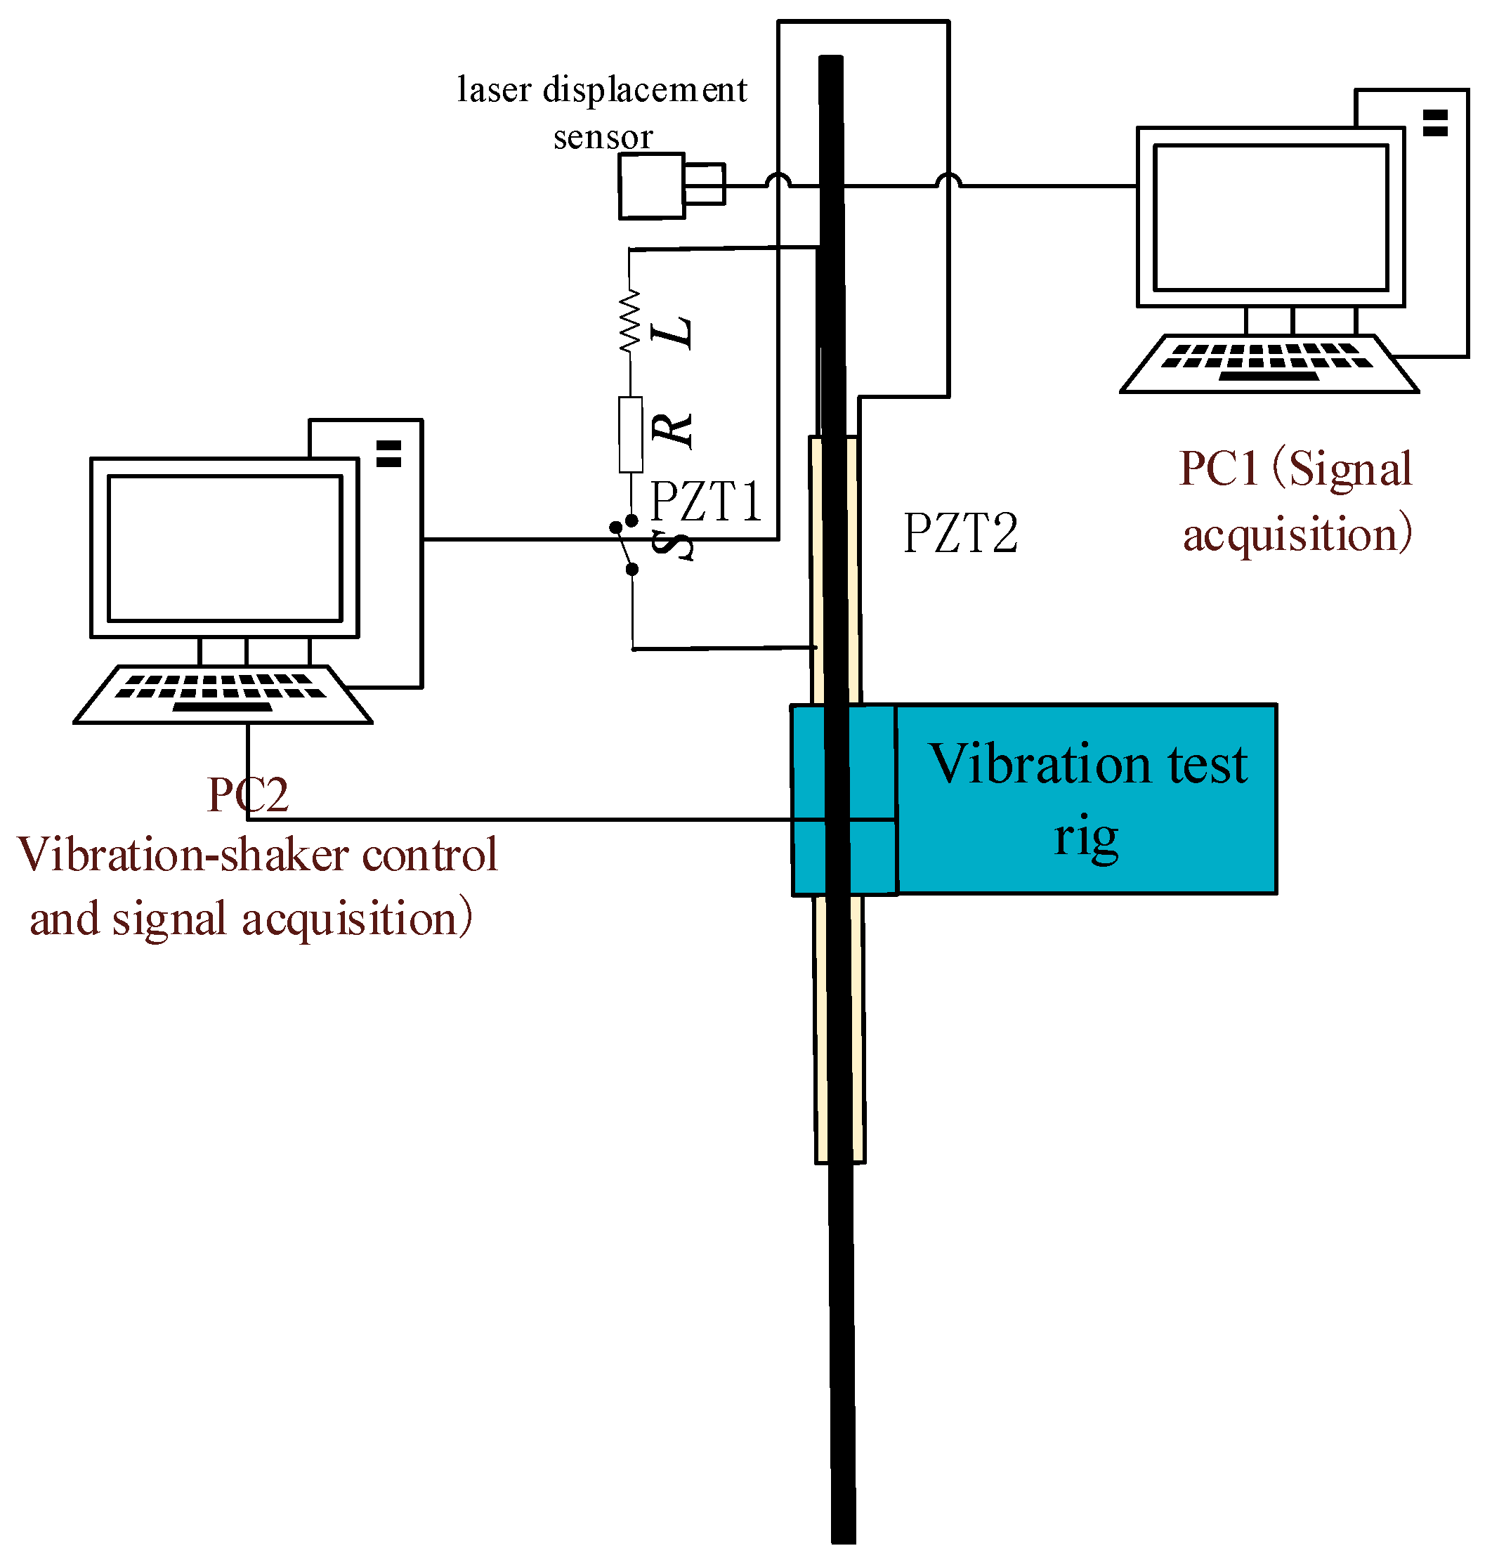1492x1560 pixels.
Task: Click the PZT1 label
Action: click(706, 502)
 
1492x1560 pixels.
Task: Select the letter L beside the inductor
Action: click(673, 332)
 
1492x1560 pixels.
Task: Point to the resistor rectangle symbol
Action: click(631, 435)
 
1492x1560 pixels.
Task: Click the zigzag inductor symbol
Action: click(630, 321)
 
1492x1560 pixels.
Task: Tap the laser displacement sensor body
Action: click(672, 186)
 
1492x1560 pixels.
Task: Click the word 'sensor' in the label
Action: click(603, 137)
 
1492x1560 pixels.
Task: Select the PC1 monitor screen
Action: click(1271, 217)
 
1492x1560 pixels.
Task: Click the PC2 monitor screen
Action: click(225, 548)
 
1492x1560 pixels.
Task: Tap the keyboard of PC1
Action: click(1269, 364)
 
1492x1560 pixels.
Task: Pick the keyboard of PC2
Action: click(223, 694)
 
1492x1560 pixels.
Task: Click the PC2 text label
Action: click(247, 794)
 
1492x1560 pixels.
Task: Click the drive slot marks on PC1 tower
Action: click(1436, 123)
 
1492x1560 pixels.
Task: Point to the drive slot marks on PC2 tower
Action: click(389, 453)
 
